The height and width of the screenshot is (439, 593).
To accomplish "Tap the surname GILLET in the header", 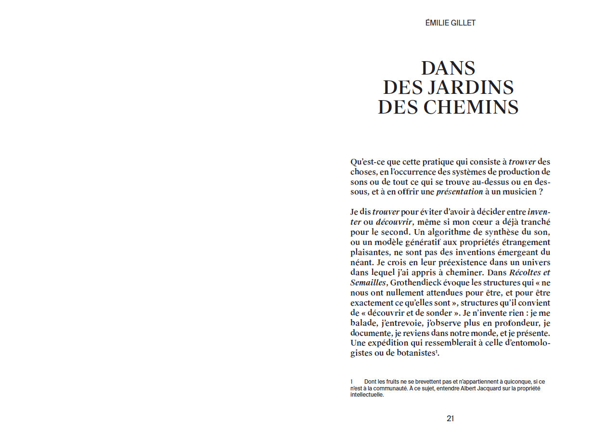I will coord(463,23).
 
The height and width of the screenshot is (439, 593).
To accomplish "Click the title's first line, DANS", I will coord(449,68).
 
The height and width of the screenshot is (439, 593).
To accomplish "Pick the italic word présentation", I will coord(459,192).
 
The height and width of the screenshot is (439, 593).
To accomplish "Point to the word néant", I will coord(361,262).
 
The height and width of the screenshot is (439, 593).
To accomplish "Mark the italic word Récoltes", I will coord(523,272).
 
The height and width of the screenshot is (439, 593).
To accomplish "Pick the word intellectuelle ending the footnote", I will coord(367,395).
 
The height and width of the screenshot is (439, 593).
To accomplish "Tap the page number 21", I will coord(450,418).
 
